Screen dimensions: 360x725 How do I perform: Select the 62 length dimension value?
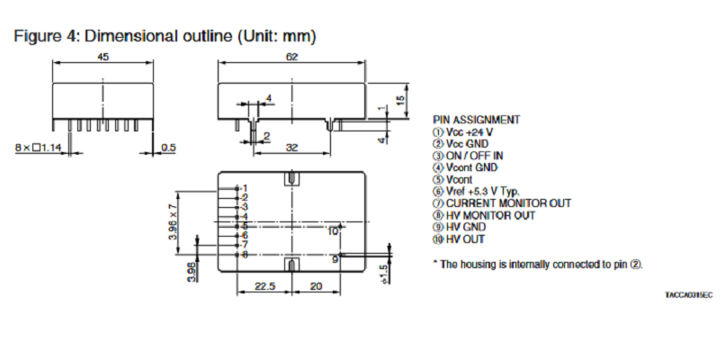tap(291, 56)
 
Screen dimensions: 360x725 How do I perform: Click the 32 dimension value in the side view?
tap(291, 147)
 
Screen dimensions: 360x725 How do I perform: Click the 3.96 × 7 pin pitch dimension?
tap(175, 221)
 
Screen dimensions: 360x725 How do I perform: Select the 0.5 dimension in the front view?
tap(168, 147)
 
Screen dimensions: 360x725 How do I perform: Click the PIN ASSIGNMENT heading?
tap(476, 119)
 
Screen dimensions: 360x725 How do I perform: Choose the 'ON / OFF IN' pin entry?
tap(474, 155)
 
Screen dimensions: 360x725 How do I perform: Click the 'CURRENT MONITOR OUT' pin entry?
tap(501, 203)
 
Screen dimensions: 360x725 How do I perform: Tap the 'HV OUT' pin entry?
tap(465, 239)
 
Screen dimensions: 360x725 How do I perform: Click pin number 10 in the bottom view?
tap(333, 231)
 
